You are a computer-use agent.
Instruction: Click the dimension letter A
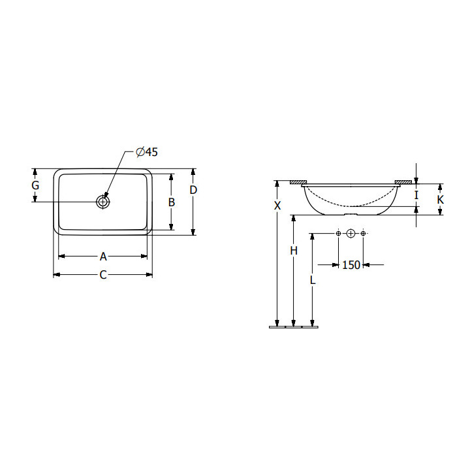click(x=103, y=257)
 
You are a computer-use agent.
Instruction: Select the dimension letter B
click(x=172, y=202)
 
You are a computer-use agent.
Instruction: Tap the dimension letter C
click(x=103, y=275)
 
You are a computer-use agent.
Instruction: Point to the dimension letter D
click(x=193, y=190)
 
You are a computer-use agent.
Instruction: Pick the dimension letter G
click(x=35, y=185)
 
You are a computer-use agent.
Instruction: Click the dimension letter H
click(x=294, y=250)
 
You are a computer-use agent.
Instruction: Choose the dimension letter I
click(x=416, y=195)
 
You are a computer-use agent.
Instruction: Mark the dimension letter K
click(x=441, y=200)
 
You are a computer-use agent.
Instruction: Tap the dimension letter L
click(x=313, y=280)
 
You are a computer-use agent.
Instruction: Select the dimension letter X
click(x=277, y=206)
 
